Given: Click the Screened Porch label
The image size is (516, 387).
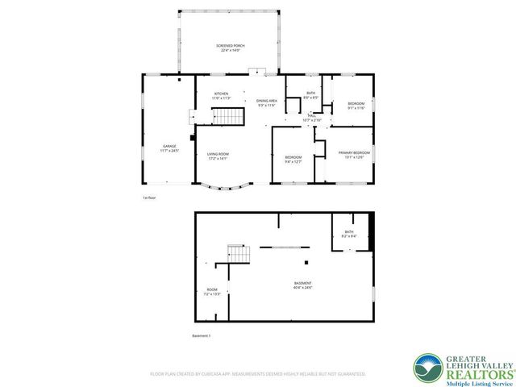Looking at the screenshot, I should coord(228,48).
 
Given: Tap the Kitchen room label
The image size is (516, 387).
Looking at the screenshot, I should coord(221,95).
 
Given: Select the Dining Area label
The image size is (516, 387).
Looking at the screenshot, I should coord(267,102).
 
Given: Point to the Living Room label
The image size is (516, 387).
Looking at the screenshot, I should coord(218,156).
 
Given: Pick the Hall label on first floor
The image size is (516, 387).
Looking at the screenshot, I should coord(311,118).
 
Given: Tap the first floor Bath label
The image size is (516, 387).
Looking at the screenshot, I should coord(310,95).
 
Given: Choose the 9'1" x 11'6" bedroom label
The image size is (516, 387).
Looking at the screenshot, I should coord(356,106).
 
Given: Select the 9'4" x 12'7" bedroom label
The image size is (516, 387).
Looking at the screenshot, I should coord(293,159).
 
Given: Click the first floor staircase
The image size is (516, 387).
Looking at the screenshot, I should coord(228,117).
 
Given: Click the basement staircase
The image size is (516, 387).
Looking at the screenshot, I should coord(237,254).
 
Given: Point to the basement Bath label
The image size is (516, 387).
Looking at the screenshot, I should coord(348,234).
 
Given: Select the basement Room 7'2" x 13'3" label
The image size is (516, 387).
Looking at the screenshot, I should coord(212,292).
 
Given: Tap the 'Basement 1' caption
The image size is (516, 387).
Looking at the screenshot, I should coord(201,335).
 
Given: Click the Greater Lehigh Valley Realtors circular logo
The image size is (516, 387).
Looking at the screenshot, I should coord(428,368).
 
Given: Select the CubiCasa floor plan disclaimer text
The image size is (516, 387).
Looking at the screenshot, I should coord(258,374).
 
